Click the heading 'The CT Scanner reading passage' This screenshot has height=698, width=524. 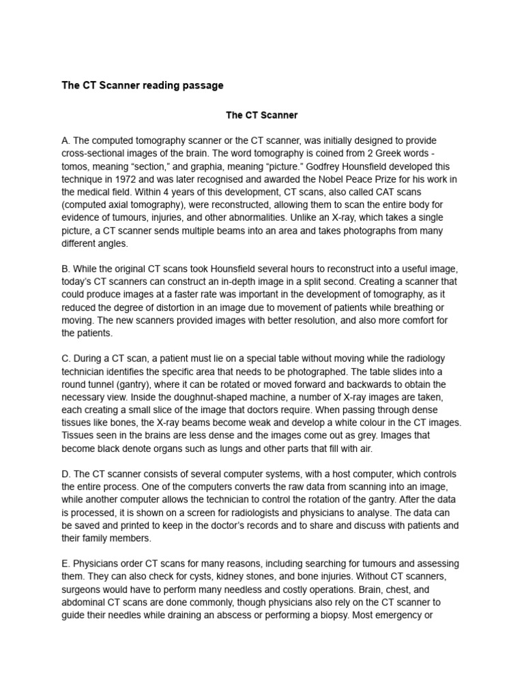(x=142, y=85)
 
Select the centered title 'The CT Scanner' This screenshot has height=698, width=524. (x=262, y=115)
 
